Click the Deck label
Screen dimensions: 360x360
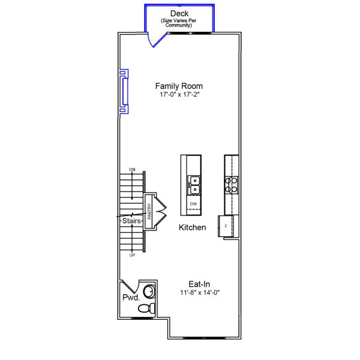point(179,13)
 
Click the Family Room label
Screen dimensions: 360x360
point(179,86)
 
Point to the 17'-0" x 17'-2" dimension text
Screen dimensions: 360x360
point(179,95)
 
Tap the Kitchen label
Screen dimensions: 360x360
point(193,228)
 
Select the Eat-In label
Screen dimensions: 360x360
point(199,284)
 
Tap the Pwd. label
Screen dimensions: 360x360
point(131,298)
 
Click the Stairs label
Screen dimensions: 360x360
point(131,221)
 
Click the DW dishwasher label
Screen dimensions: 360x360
point(193,204)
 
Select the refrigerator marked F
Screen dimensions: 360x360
point(226,226)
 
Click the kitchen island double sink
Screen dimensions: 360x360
point(194,184)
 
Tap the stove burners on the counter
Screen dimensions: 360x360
point(231,184)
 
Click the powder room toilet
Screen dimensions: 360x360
point(145,308)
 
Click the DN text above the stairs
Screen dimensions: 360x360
point(132,170)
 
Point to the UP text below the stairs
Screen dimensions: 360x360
point(132,256)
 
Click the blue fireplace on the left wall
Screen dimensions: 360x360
point(123,91)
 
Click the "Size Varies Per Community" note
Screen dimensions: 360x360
point(179,23)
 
